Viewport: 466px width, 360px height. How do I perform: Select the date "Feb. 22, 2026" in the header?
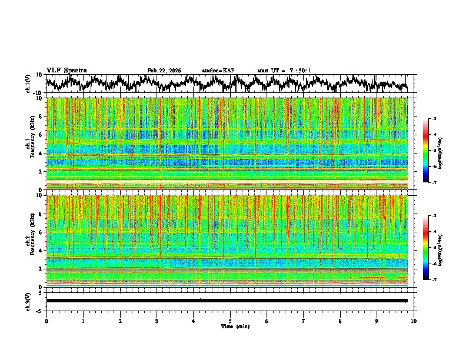pyautogui.click(x=164, y=71)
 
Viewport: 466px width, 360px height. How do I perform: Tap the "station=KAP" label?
pyautogui.click(x=218, y=71)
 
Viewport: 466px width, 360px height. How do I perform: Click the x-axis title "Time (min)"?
pyautogui.click(x=230, y=326)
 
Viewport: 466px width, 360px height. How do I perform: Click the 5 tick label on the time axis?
pyautogui.click(x=230, y=321)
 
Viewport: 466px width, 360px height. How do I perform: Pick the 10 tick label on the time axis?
pyautogui.click(x=414, y=321)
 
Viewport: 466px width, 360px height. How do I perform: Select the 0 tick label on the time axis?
pyautogui.click(x=46, y=321)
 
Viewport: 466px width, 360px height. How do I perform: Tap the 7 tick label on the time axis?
pyautogui.click(x=304, y=321)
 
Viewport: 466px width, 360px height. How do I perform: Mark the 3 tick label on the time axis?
pyautogui.click(x=157, y=321)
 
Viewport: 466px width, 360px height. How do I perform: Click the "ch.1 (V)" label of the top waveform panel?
pyautogui.click(x=28, y=84)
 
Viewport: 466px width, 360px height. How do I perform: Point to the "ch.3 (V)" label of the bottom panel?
pyautogui.click(x=28, y=300)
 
